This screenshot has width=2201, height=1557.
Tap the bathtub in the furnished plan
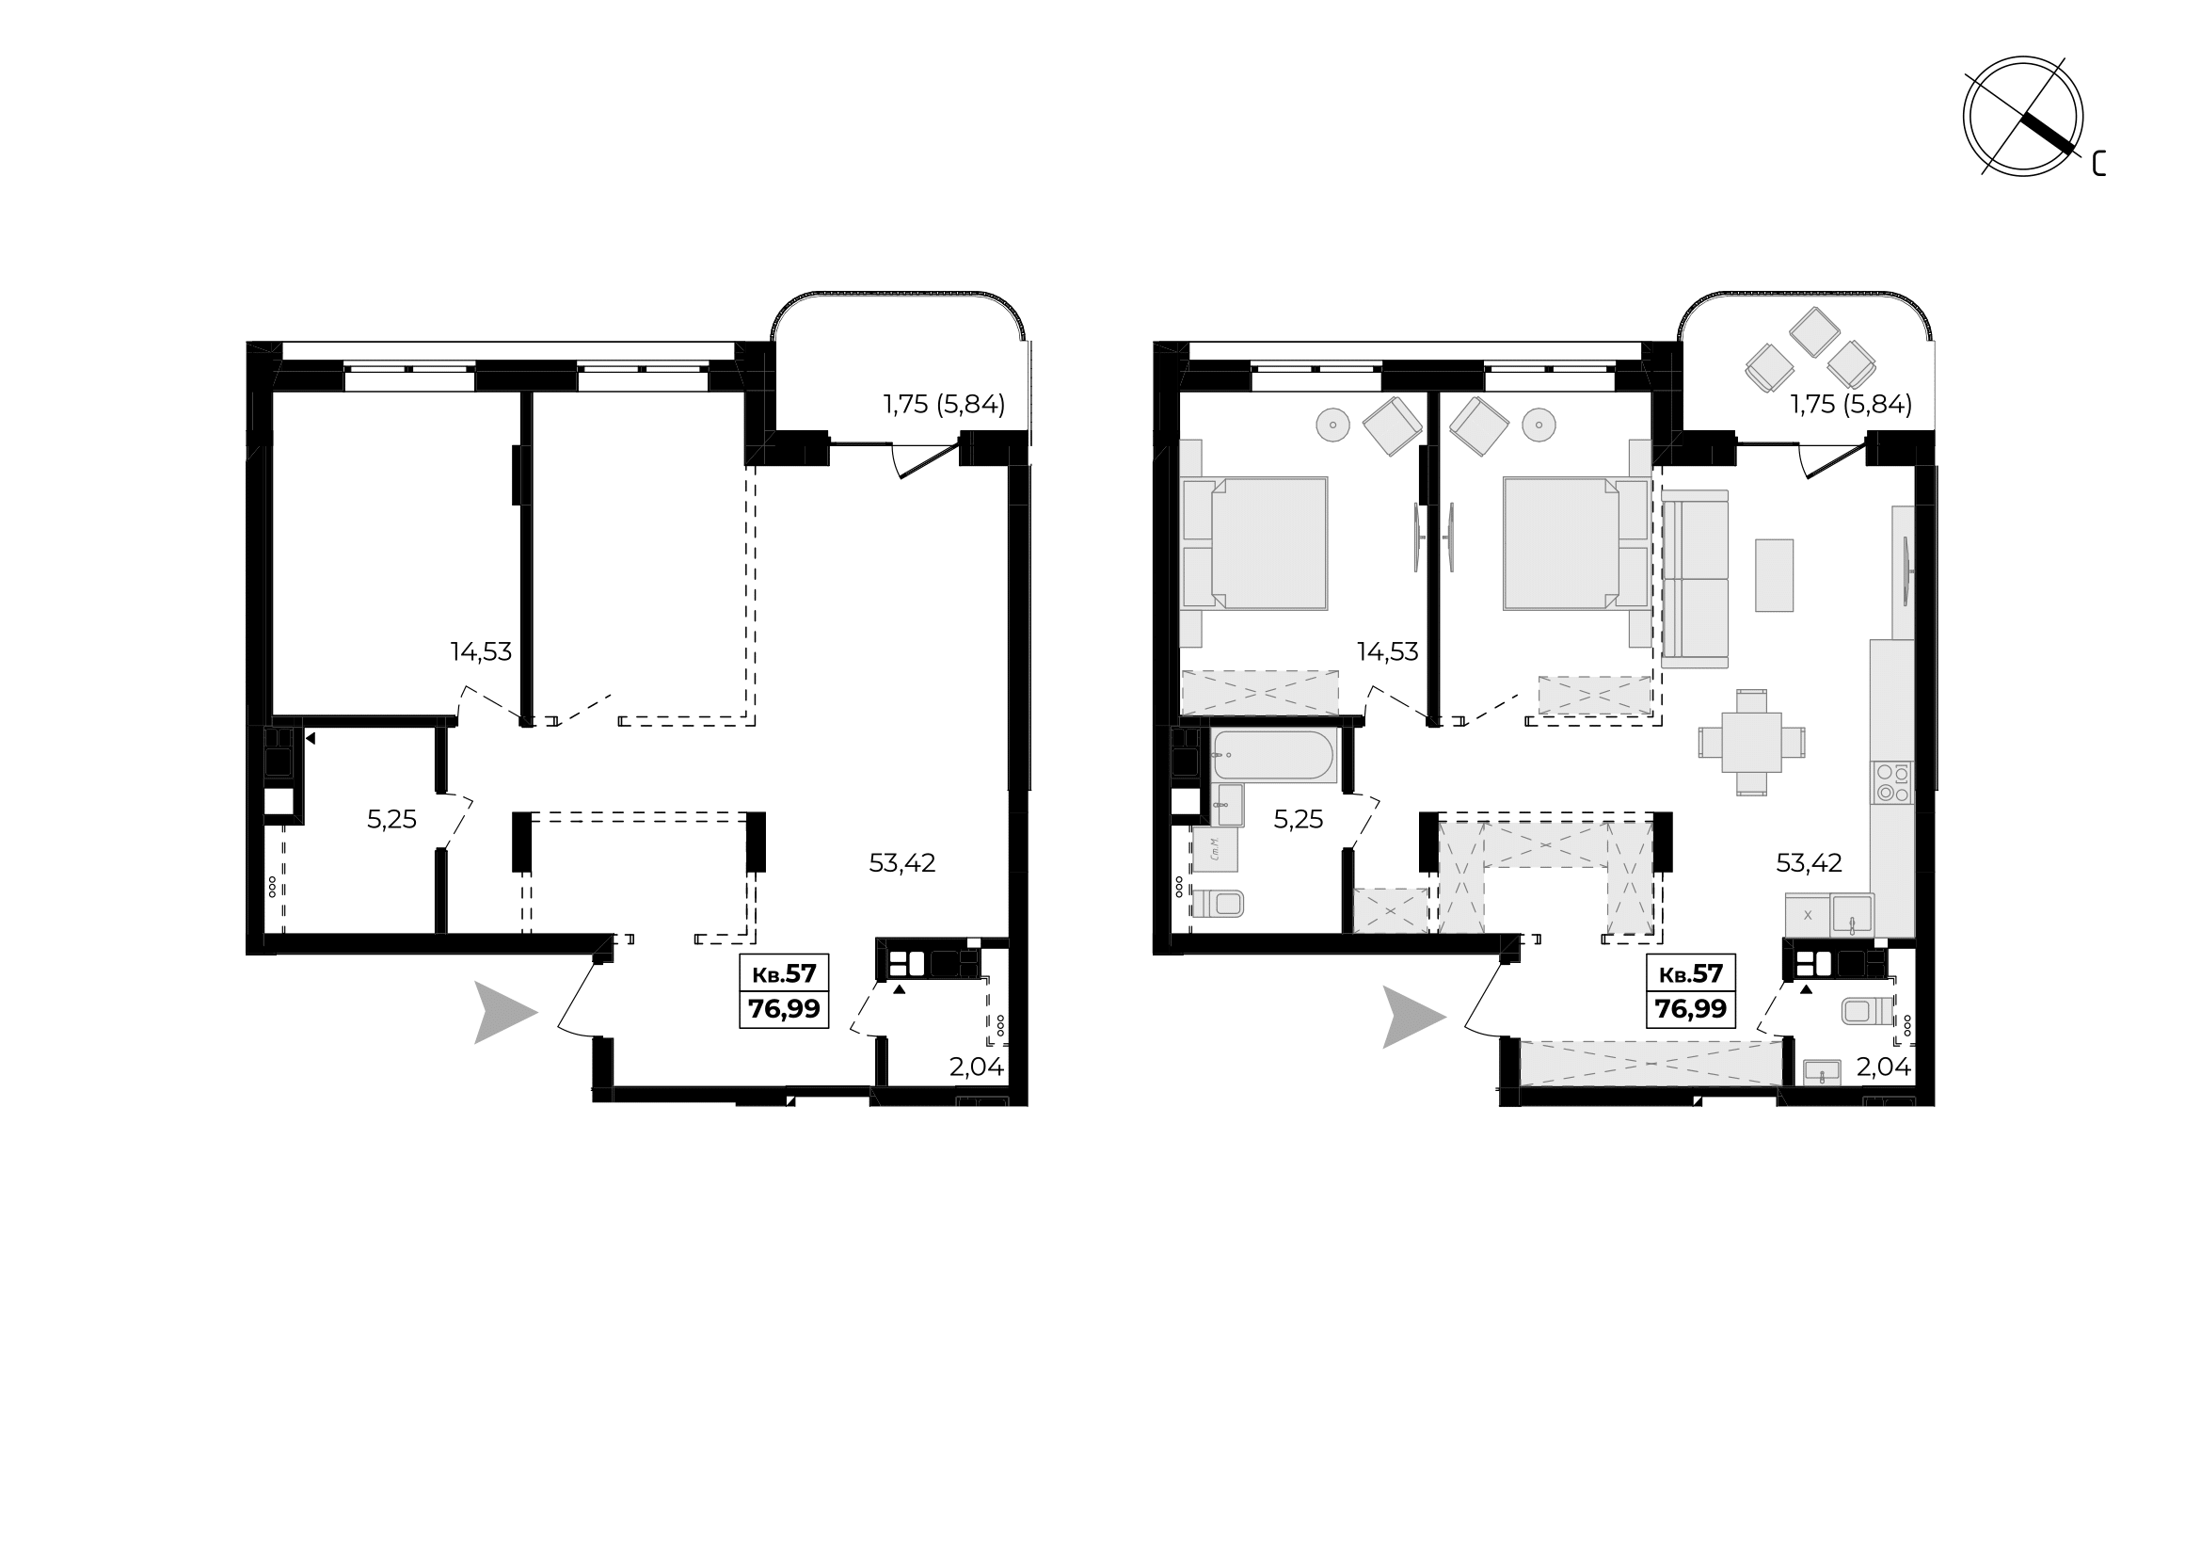click(1272, 755)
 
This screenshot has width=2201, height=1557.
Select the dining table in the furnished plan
click(1751, 742)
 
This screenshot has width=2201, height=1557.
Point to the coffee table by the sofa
click(1774, 575)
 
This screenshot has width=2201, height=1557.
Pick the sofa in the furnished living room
click(1695, 579)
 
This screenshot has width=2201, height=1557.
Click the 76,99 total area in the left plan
click(784, 1008)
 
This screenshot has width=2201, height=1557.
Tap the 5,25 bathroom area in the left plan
click(392, 819)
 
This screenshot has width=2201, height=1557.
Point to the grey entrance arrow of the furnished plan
click(1413, 1018)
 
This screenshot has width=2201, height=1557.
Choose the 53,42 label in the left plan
click(902, 863)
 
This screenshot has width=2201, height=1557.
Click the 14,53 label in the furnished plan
click(1387, 652)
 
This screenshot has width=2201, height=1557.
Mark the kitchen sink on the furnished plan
click(1852, 915)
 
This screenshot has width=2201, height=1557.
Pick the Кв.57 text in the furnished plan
click(1691, 974)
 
